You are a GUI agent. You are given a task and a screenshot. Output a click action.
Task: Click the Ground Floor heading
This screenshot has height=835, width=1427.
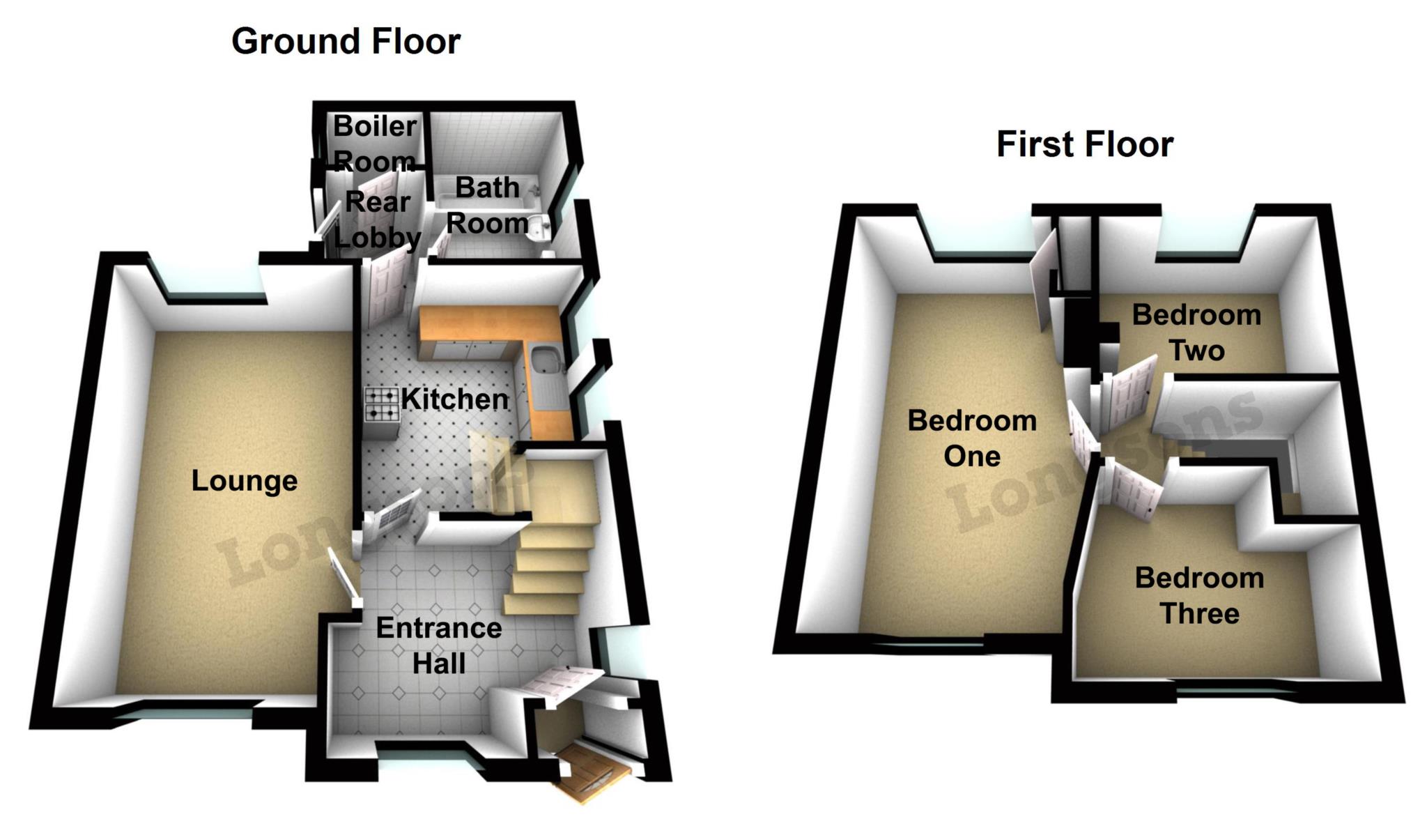pyautogui.click(x=346, y=41)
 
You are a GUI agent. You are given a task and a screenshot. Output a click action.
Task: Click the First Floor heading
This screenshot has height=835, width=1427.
pyautogui.click(x=1084, y=144)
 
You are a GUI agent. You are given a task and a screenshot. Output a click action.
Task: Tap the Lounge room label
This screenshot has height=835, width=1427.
pyautogui.click(x=244, y=481)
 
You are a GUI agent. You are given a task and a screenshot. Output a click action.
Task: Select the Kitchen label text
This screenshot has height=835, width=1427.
pyautogui.click(x=454, y=399)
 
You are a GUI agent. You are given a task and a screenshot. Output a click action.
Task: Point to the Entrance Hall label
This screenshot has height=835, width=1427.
pyautogui.click(x=438, y=645)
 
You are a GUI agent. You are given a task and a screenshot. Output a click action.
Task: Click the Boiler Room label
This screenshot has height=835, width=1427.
pyautogui.click(x=375, y=144)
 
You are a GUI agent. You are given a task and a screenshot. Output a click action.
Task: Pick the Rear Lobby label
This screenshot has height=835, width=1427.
pyautogui.click(x=378, y=220)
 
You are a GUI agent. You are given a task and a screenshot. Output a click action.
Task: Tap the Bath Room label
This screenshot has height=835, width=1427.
pyautogui.click(x=487, y=206)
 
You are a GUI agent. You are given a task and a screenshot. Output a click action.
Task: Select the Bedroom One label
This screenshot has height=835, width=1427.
pyautogui.click(x=972, y=438)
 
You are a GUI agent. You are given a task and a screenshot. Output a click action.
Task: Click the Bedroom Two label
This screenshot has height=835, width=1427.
pyautogui.click(x=1196, y=332)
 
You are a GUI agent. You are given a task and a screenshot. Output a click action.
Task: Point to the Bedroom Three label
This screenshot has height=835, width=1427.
pyautogui.click(x=1199, y=595)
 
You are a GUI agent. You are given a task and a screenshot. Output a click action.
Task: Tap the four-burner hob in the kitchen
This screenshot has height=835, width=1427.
pyautogui.click(x=382, y=404)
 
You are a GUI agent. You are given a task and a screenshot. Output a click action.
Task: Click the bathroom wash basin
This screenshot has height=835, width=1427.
pyautogui.click(x=539, y=227)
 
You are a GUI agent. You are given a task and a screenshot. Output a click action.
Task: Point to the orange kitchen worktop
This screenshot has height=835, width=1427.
pyautogui.click(x=488, y=324)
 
